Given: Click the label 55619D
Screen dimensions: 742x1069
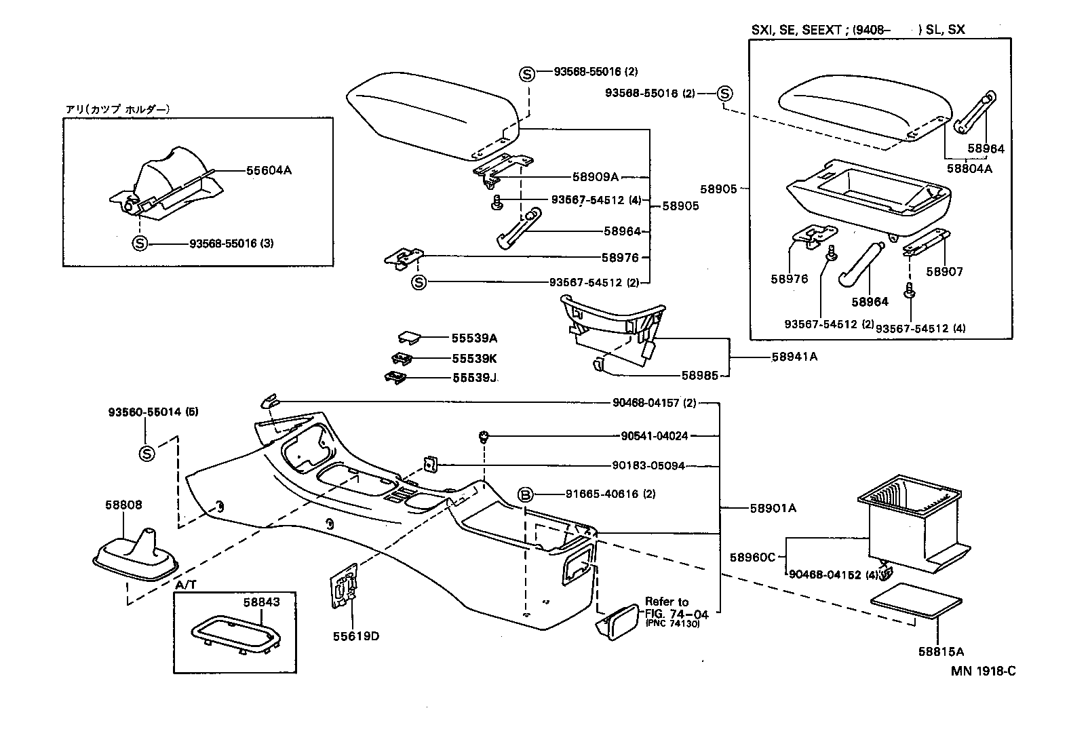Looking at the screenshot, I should (356, 636).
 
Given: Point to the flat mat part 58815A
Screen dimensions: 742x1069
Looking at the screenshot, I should (916, 600).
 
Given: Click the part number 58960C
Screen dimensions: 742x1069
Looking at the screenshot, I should (752, 557).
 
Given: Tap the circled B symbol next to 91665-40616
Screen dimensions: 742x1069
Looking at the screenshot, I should (526, 494).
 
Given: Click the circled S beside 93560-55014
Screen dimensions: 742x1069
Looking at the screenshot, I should (147, 454).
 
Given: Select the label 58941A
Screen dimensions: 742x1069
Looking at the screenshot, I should (794, 356).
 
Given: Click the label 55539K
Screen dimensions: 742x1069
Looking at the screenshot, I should (474, 358).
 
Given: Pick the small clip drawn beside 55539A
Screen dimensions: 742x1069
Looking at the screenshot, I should (409, 337).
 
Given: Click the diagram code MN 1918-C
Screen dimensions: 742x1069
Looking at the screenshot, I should (983, 671).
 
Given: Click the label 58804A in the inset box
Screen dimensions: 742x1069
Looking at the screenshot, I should (969, 168).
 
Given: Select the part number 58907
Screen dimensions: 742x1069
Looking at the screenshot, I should (945, 271).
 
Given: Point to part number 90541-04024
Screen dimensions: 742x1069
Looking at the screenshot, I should (654, 435).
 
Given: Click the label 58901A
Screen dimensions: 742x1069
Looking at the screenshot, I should (773, 507).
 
